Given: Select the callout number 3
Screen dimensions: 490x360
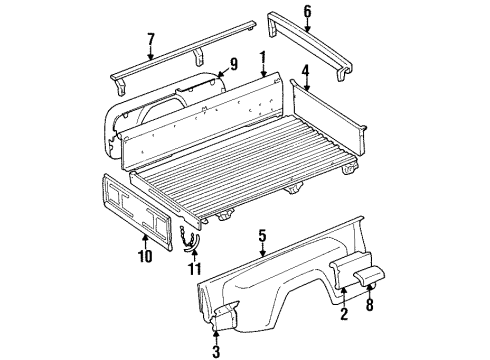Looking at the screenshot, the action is click(216, 349).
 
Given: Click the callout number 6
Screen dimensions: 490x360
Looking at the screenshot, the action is click(307, 11).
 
